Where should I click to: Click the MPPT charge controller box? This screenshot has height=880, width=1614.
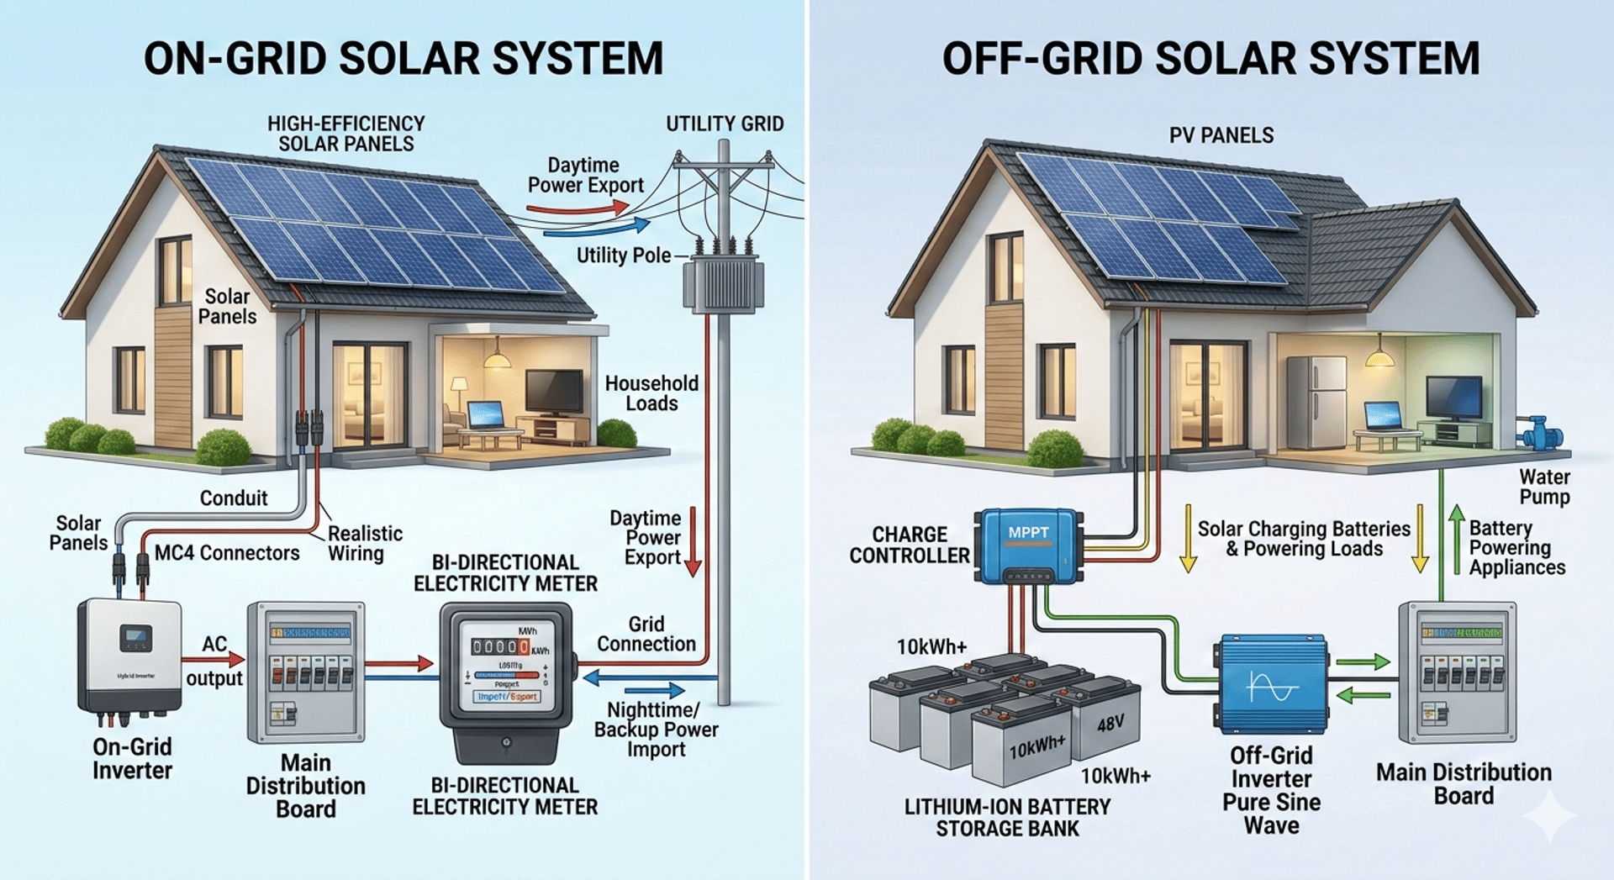(1027, 545)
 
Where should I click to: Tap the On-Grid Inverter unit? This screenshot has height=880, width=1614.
(130, 656)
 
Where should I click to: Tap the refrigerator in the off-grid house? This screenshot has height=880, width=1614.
(1316, 395)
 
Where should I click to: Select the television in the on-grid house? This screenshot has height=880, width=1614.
(554, 391)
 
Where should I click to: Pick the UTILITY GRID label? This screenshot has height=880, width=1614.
(725, 124)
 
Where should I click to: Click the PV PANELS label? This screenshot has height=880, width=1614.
(1221, 135)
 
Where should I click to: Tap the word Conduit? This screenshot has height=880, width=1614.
(234, 498)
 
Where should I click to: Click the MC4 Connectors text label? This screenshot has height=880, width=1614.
(227, 553)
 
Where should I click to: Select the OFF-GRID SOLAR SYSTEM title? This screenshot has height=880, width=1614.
(1210, 59)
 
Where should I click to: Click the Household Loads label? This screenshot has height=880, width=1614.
(651, 393)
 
